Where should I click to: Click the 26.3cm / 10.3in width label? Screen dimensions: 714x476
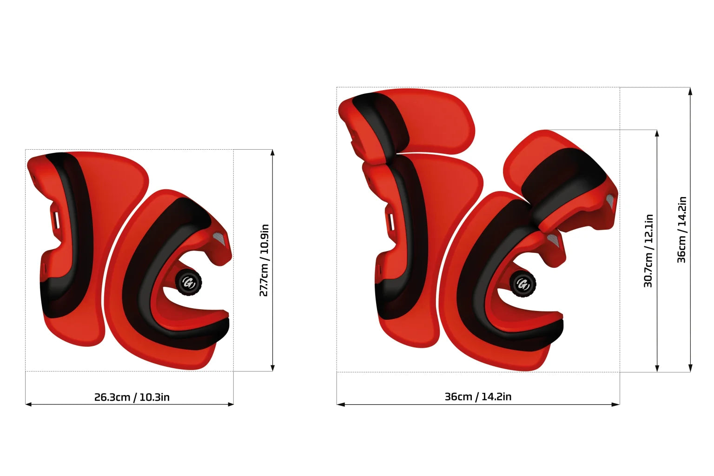[132, 397]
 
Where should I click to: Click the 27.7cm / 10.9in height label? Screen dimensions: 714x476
[264, 260]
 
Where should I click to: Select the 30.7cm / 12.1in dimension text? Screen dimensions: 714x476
[648, 251]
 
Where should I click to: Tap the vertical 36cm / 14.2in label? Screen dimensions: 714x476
[681, 230]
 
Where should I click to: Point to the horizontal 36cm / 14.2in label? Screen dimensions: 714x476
[478, 397]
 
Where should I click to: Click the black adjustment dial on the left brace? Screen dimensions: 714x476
[188, 283]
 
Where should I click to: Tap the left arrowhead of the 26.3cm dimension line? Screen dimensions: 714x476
[28, 404]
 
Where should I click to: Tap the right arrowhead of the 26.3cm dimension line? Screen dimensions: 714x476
[231, 404]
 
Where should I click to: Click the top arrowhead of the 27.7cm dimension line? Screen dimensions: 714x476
[272, 152]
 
